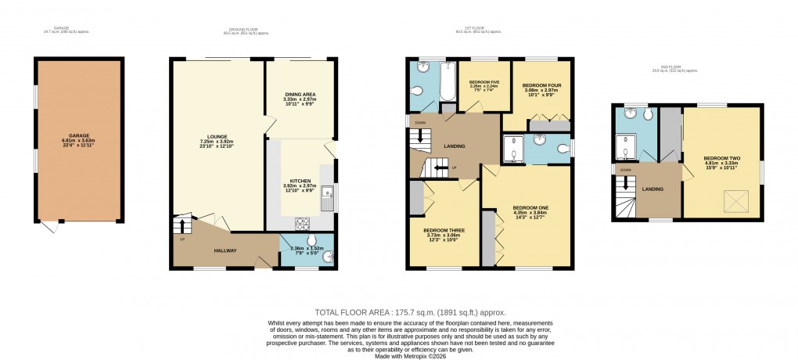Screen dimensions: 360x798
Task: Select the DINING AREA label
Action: (300, 94)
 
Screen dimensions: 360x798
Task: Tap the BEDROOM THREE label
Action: (443, 231)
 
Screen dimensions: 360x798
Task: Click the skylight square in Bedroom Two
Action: (735, 202)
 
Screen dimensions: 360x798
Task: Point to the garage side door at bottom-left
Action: (49, 226)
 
